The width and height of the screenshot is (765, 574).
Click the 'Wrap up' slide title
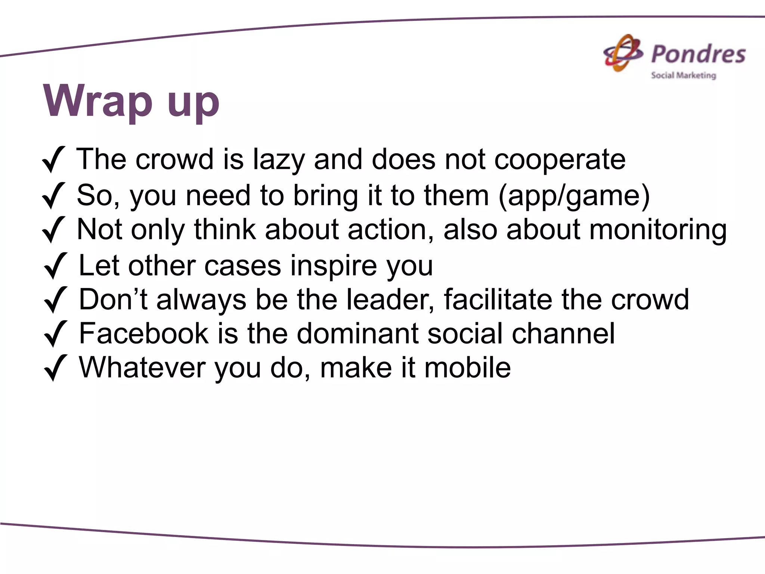[x=131, y=101]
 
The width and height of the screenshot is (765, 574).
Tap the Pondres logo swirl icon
[x=623, y=53]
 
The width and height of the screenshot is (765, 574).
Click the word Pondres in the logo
[x=698, y=54]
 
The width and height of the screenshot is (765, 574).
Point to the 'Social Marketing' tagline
[x=683, y=75]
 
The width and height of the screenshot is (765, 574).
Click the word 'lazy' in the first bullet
[x=279, y=160]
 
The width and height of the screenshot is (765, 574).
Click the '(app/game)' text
[x=574, y=196]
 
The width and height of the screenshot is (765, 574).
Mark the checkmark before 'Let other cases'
[x=55, y=266]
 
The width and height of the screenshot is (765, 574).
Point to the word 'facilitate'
[x=498, y=300]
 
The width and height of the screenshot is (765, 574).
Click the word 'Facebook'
[x=143, y=333]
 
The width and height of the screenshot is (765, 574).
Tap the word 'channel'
[x=563, y=333]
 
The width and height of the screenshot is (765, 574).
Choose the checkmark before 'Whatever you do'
[x=55, y=368]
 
